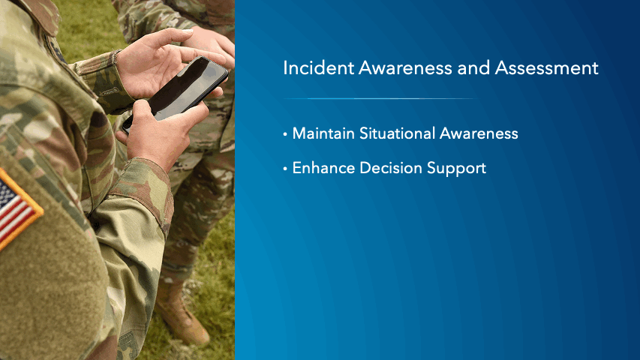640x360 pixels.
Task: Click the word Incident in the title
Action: [318, 67]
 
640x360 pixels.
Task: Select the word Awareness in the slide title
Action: [405, 67]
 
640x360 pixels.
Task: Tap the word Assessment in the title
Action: [546, 67]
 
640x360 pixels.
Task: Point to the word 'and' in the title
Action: [473, 67]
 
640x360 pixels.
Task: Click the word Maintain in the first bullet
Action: [323, 133]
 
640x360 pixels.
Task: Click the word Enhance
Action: [323, 168]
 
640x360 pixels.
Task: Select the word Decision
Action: [391, 168]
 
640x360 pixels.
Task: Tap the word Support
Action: [457, 169]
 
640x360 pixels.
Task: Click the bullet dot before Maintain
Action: [285, 134]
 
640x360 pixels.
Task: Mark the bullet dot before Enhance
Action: [285, 169]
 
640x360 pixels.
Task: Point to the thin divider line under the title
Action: [380, 98]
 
